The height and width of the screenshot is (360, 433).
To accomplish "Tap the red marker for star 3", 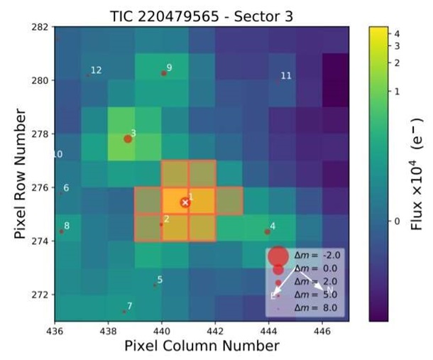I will point(128,138).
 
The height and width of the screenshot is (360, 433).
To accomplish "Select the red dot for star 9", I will point(164,72).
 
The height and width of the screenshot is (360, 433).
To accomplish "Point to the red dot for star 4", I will point(267,231).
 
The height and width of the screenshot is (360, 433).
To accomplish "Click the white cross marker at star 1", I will point(185,202).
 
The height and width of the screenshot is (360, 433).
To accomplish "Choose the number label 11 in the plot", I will point(286,76).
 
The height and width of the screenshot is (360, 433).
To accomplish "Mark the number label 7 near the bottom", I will point(129,306).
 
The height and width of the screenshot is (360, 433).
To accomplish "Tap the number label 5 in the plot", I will point(160,280).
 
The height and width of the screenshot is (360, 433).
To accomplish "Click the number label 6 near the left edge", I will point(66,188).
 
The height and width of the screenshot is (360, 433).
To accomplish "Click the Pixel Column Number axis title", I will point(202,347).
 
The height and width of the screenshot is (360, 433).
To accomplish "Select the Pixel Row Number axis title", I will point(19,174).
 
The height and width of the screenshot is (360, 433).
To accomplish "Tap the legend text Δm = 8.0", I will point(316,307).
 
